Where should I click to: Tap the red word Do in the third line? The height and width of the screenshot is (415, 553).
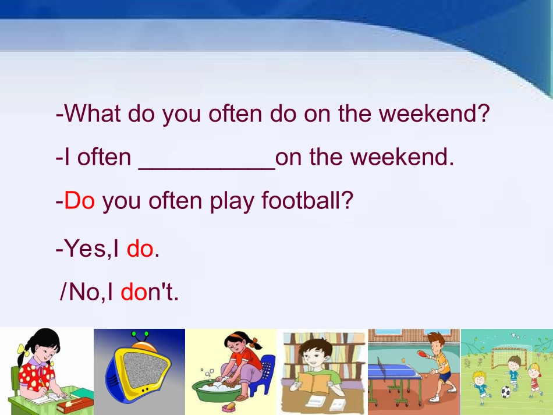[79, 201]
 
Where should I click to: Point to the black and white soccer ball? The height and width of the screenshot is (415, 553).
[505, 392]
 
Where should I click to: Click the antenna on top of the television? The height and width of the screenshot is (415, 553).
[140, 336]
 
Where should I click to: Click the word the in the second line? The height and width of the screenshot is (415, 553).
[328, 157]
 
